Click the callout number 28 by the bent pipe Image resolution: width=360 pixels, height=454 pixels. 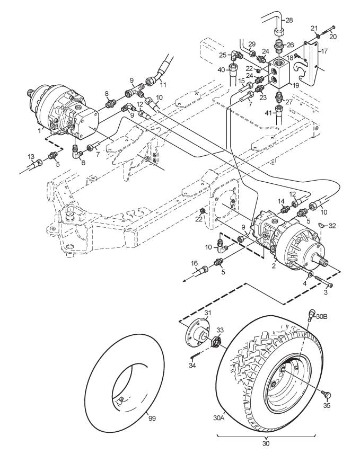[x=289, y=20]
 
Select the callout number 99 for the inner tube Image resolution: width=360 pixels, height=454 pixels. [x=152, y=419]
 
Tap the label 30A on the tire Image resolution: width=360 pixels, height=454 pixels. [x=219, y=418]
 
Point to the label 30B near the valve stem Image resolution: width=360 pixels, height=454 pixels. [x=321, y=316]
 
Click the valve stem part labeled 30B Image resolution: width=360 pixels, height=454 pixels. [x=311, y=315]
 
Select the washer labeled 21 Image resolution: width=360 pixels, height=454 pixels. [x=318, y=36]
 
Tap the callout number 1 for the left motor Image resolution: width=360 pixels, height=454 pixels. [x=39, y=130]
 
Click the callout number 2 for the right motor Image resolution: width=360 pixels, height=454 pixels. [x=274, y=265]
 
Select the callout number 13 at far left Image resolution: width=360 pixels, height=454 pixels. [x=31, y=157]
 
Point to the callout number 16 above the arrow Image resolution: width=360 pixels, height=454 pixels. [x=194, y=263]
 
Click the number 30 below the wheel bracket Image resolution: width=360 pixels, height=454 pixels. [x=266, y=443]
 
